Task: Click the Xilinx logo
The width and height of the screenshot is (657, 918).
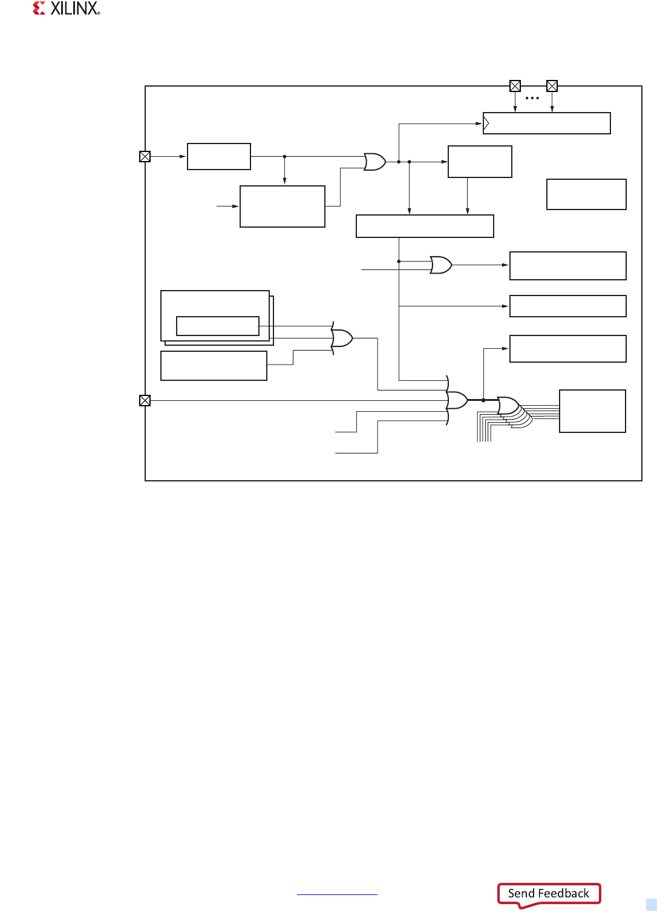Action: click(66, 8)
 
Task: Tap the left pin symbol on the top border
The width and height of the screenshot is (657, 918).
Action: click(515, 86)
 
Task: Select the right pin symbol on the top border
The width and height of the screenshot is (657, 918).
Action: click(552, 86)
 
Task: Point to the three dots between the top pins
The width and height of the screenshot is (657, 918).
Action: click(532, 98)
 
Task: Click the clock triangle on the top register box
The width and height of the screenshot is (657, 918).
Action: click(486, 124)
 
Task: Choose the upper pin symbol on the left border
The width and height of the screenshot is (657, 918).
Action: click(145, 156)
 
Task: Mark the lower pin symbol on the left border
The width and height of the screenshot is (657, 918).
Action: click(145, 400)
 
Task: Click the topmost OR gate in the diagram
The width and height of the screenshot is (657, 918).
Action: click(375, 162)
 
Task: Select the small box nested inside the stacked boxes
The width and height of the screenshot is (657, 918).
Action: click(218, 326)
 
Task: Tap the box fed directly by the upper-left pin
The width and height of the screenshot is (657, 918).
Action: click(219, 156)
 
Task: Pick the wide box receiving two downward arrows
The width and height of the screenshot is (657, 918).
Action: click(425, 226)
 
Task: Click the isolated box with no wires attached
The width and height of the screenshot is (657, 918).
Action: click(586, 194)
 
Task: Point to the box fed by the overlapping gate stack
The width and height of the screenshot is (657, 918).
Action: click(592, 411)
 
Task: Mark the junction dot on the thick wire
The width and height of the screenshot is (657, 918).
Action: click(483, 400)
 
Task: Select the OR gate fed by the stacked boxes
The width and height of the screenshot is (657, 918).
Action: click(342, 338)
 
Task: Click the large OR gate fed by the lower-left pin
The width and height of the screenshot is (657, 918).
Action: click(457, 400)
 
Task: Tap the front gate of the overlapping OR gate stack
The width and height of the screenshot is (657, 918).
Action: click(508, 406)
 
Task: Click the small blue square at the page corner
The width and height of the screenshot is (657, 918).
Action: click(651, 905)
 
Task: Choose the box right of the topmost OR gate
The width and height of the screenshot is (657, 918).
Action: click(480, 162)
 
